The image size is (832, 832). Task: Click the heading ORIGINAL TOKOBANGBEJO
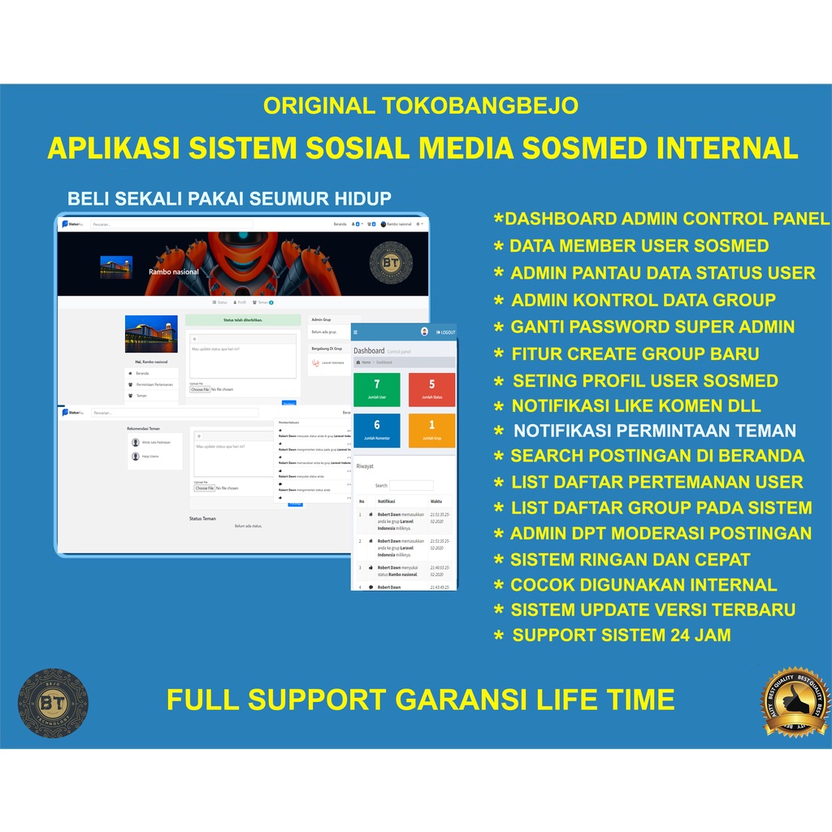point(420,106)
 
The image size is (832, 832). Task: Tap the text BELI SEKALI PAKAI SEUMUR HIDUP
point(229,199)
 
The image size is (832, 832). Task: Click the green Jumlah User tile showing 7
point(377,389)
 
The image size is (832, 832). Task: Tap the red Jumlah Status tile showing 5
point(431,389)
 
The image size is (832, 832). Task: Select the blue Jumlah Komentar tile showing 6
point(377,430)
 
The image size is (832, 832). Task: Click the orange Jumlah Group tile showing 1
point(431,430)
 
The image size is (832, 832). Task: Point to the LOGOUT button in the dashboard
point(446,332)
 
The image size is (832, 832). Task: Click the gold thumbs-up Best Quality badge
point(795,701)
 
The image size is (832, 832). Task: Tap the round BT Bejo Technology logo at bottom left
point(53,703)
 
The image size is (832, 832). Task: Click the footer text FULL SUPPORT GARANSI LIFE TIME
point(420,699)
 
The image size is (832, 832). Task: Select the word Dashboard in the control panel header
point(369,351)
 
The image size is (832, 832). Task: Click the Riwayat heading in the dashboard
point(365,466)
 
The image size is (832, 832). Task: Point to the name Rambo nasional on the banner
point(174,271)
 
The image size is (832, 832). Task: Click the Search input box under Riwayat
point(411,485)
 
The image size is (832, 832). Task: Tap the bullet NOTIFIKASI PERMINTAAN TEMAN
point(654,431)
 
